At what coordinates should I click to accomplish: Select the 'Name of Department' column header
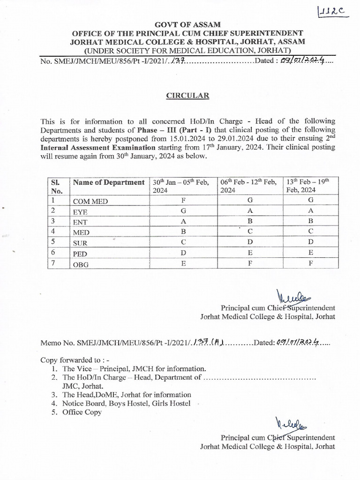point(108,182)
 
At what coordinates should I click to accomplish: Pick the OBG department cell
point(81,264)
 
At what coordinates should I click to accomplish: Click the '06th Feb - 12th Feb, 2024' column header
point(249,186)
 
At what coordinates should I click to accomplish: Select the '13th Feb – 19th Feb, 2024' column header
point(308,186)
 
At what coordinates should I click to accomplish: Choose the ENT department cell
point(80,222)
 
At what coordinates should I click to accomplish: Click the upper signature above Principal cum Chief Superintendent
point(291,297)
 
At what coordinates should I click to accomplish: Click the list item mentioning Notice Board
point(126,404)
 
